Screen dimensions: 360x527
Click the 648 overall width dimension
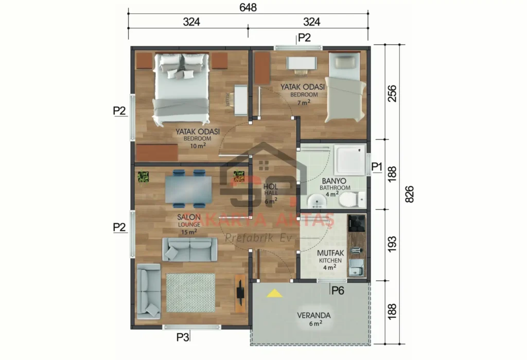(x=248, y=7)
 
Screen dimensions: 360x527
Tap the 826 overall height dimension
(x=410, y=194)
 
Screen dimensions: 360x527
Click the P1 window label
(x=377, y=167)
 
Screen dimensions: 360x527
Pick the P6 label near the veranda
(x=338, y=290)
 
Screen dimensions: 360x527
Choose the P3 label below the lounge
(x=183, y=337)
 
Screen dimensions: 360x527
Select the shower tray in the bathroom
(x=349, y=160)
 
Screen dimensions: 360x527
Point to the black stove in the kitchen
(x=356, y=224)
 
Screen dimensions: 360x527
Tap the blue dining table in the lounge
(x=188, y=189)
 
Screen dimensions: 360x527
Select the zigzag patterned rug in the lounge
(x=190, y=292)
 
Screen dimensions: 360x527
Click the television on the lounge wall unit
(x=240, y=293)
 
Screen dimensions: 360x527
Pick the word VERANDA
(x=313, y=315)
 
